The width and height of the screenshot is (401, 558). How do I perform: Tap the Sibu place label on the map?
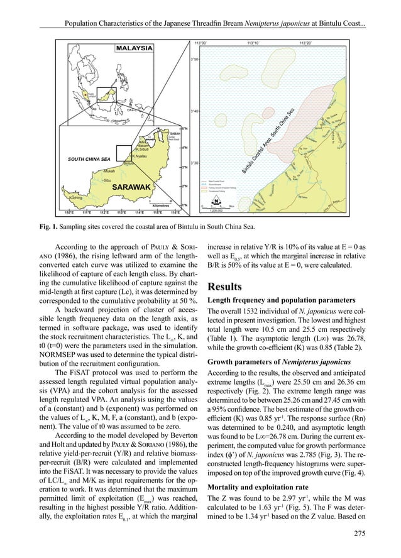107,180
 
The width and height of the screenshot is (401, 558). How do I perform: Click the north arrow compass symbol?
216,202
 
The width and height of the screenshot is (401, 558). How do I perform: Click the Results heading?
230,287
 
